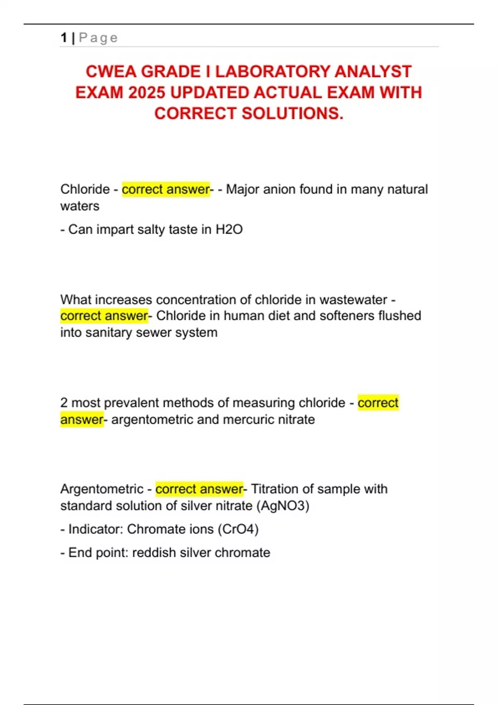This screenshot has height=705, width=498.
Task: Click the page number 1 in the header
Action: click(x=63, y=38)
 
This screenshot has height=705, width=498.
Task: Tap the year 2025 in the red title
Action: click(x=147, y=92)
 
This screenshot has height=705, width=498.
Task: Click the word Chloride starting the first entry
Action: click(x=85, y=189)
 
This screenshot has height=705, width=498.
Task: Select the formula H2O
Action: click(x=229, y=229)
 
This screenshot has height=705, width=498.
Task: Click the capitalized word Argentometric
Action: click(x=102, y=489)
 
